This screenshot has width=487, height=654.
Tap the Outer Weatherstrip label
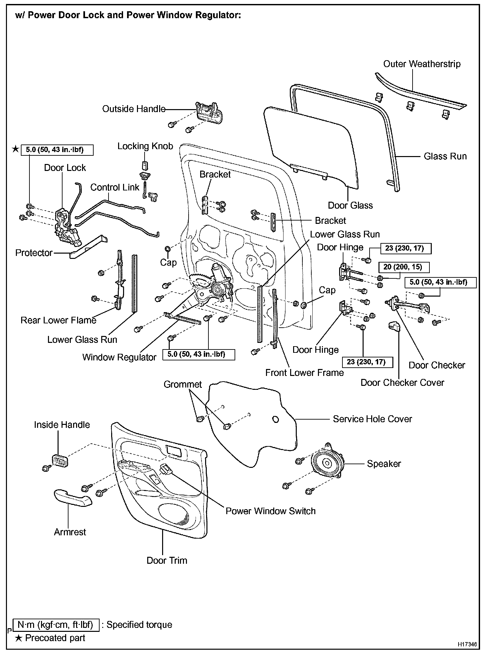(421, 64)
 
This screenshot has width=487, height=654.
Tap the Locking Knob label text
(145, 146)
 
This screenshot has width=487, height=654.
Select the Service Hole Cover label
(372, 419)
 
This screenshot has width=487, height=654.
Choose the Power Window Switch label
(270, 511)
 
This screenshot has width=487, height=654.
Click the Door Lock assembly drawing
(66, 228)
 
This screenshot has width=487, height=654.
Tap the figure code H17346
(467, 644)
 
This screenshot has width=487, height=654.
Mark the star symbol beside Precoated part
(19, 638)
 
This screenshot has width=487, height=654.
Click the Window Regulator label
(119, 357)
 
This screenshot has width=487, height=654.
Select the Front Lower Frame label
(304, 373)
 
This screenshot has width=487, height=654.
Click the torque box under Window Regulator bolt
(199, 354)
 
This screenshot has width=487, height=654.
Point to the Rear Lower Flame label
(58, 320)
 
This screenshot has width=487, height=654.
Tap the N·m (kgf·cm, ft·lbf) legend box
(56, 625)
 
